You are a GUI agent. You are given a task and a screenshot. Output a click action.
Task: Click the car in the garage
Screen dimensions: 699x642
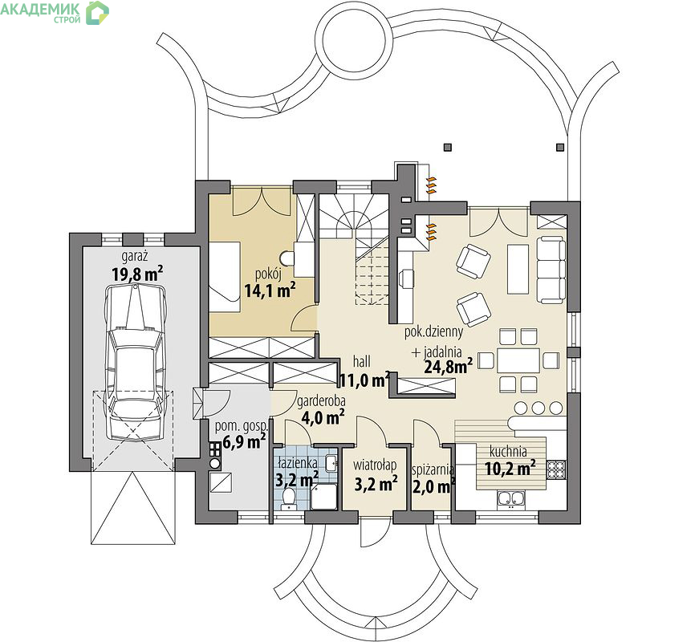click(x=135, y=363)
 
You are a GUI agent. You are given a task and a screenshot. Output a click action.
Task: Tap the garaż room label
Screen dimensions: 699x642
click(x=135, y=257)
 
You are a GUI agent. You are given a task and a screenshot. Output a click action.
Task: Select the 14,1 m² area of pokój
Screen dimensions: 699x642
click(x=270, y=291)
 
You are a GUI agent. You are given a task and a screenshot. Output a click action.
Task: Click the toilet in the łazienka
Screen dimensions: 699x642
click(x=290, y=498)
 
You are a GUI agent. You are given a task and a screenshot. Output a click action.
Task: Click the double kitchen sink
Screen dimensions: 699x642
click(x=511, y=499)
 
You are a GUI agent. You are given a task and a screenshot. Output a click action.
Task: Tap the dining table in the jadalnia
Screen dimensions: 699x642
click(x=518, y=360)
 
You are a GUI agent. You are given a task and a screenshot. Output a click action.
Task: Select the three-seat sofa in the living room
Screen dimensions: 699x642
click(x=551, y=270)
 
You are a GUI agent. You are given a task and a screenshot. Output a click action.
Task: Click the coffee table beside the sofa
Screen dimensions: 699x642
click(x=518, y=269)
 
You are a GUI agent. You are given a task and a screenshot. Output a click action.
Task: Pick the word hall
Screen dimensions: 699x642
click(x=361, y=361)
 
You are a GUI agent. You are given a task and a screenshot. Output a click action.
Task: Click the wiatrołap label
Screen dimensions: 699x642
click(x=375, y=465)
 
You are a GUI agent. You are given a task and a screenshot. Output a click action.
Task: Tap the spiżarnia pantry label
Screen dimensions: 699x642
click(x=433, y=470)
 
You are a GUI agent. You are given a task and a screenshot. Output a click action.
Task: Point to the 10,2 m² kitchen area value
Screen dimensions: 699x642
click(x=510, y=469)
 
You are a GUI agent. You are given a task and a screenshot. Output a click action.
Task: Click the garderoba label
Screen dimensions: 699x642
click(x=321, y=402)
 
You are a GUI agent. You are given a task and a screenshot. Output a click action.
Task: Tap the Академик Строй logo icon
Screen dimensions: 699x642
click(x=98, y=13)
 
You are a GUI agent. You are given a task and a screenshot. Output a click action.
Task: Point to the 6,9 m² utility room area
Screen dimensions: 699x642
click(x=244, y=441)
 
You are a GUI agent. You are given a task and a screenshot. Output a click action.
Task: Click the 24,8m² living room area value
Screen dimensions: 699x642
click(x=449, y=367)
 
